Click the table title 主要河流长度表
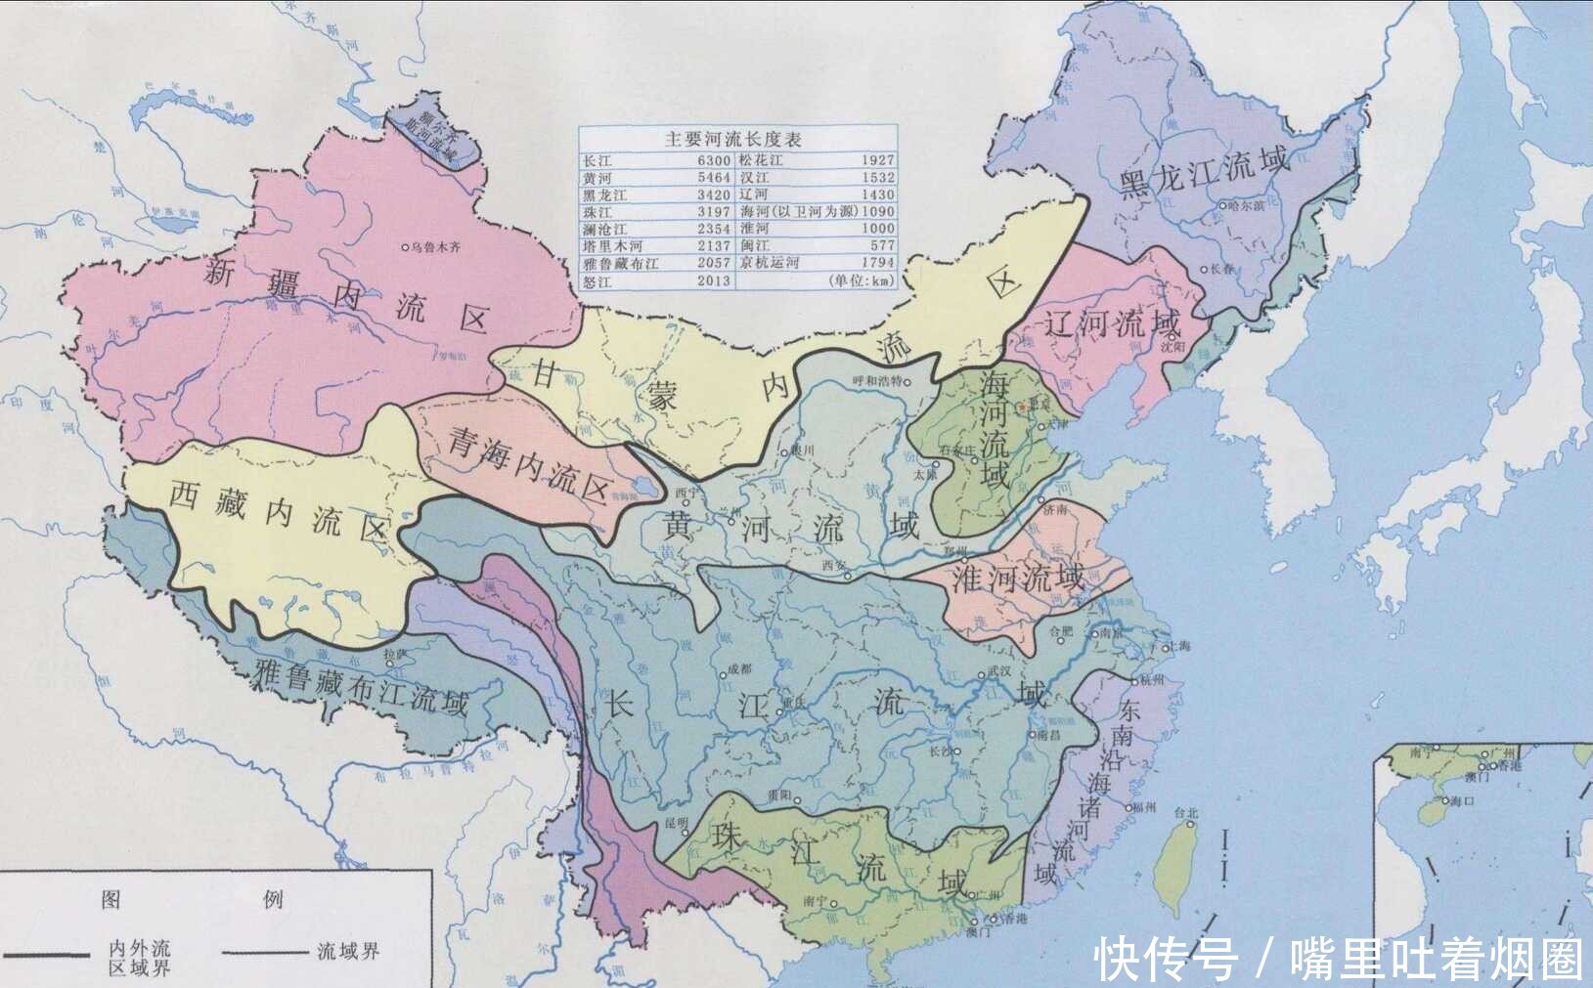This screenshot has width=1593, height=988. (733, 139)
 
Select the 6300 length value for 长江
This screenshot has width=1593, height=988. (714, 160)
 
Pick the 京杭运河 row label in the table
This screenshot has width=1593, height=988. (769, 263)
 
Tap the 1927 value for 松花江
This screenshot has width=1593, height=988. (877, 160)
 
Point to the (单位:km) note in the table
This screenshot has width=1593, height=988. (861, 280)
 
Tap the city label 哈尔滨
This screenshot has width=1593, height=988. (1247, 205)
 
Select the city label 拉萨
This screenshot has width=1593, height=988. (395, 652)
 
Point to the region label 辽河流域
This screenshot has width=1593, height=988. (1112, 322)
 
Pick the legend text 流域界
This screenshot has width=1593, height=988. (348, 951)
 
